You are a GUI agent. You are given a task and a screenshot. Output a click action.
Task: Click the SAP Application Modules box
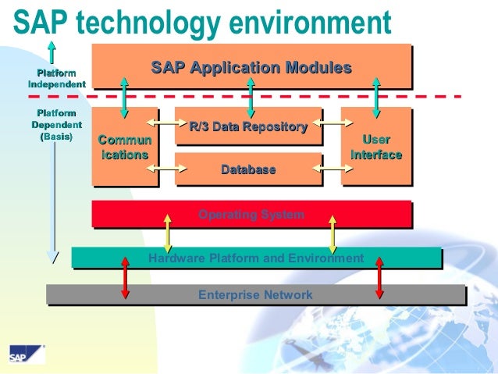[x=251, y=67]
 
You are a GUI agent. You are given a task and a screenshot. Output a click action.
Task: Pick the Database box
[x=248, y=169]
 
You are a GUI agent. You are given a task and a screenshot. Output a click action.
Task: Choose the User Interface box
[x=376, y=148]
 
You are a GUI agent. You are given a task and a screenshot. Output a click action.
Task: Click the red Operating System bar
[x=251, y=214]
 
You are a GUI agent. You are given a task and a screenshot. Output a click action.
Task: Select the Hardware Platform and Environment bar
[x=256, y=258]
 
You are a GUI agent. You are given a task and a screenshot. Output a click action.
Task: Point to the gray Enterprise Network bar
[x=255, y=295]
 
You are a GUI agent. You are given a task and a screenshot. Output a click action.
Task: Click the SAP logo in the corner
[x=27, y=355]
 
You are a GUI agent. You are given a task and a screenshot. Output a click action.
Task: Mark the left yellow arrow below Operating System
[x=167, y=233]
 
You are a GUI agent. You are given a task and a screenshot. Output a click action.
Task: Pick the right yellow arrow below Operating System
[x=333, y=233]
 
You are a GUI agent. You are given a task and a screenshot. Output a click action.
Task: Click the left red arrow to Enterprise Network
[x=124, y=277]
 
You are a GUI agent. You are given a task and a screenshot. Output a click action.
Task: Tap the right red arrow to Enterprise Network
[x=379, y=277]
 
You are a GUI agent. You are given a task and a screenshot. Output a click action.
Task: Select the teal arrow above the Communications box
[x=124, y=96]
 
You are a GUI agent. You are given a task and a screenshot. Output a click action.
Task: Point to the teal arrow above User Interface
[x=377, y=96]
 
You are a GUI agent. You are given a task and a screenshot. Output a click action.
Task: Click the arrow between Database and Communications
[x=162, y=168]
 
